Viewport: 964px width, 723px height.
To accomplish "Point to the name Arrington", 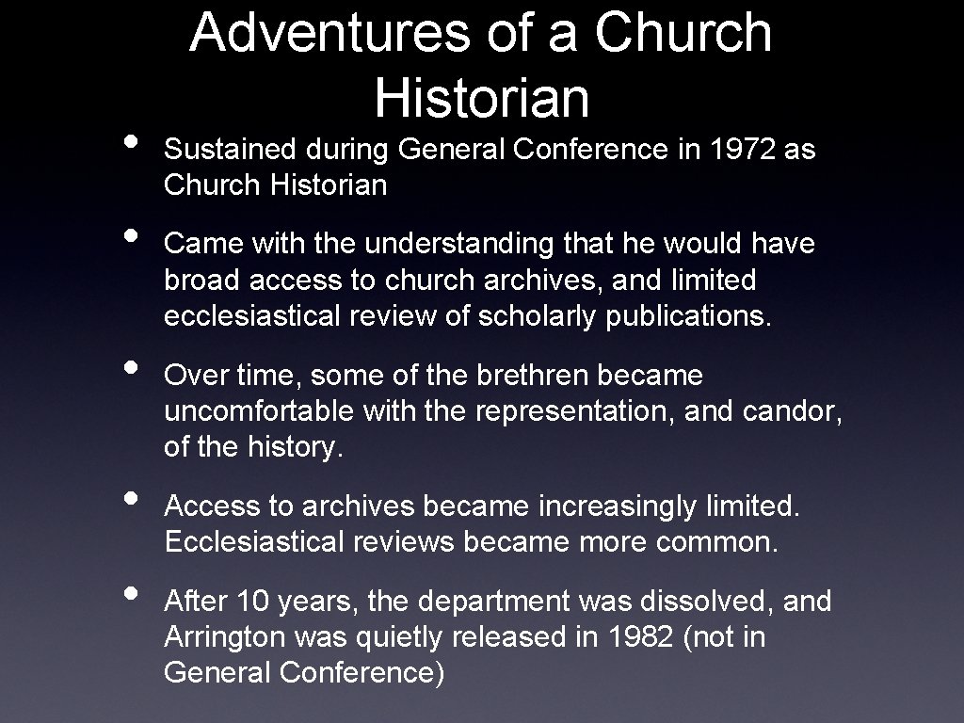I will coord(223,637).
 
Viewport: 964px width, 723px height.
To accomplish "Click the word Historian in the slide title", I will coord(481,96).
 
